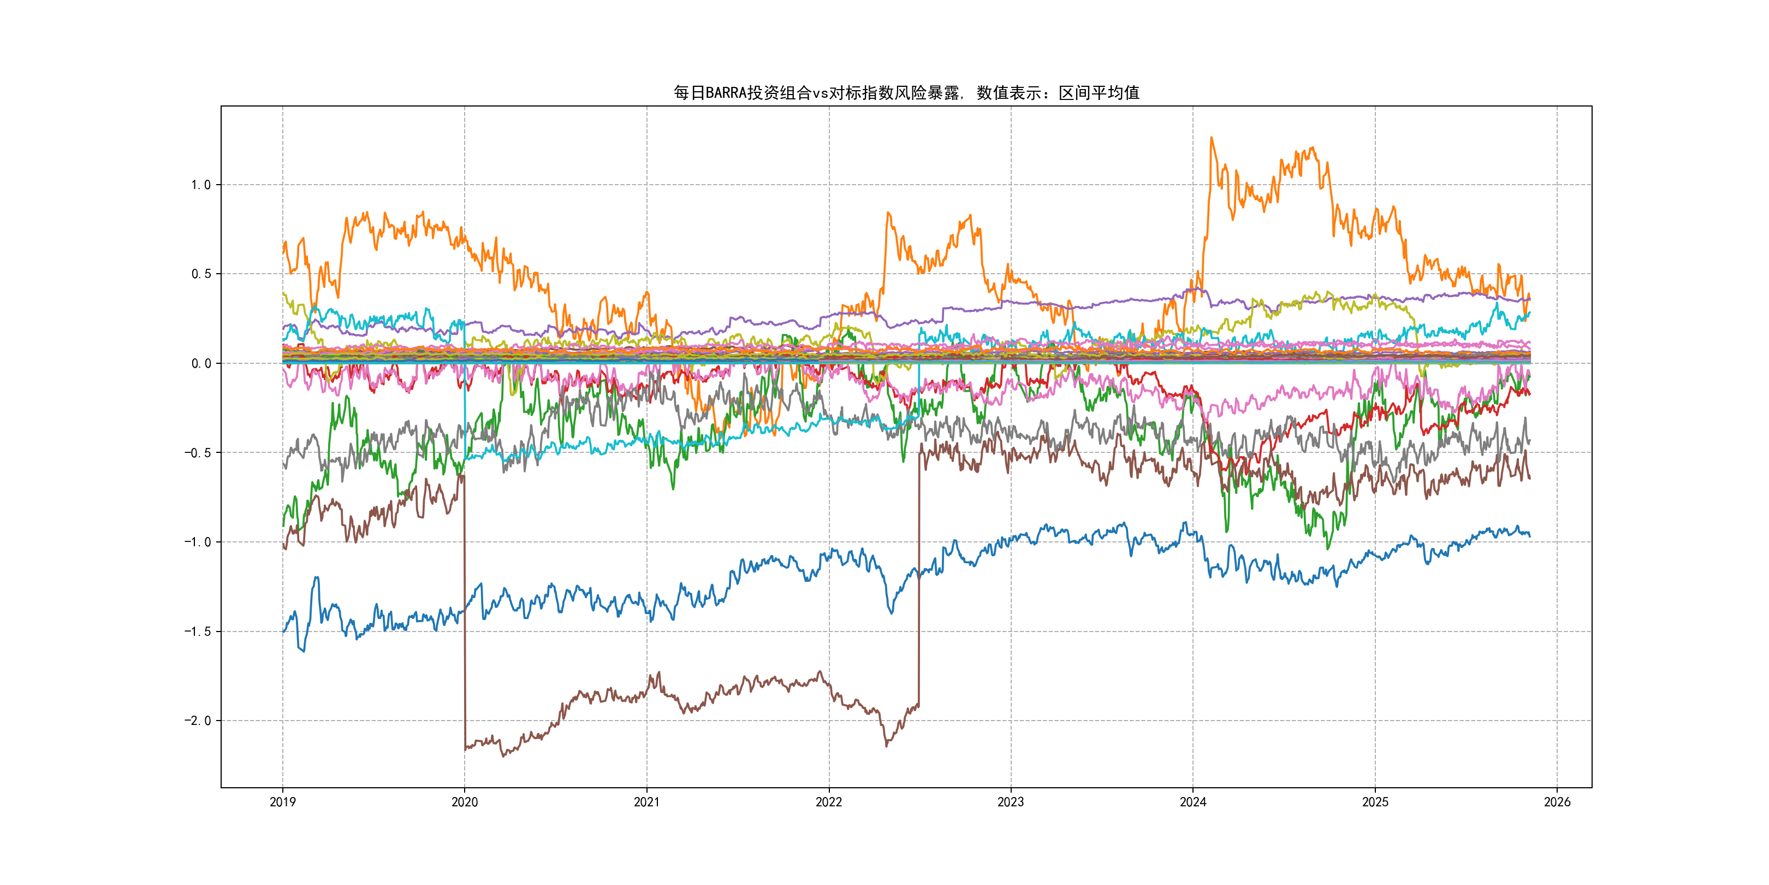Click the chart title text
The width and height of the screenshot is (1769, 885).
pyautogui.click(x=906, y=93)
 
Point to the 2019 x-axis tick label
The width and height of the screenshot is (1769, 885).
pyautogui.click(x=282, y=802)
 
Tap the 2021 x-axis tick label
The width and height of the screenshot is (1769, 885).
pyautogui.click(x=646, y=802)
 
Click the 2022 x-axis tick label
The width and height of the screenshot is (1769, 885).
pyautogui.click(x=829, y=802)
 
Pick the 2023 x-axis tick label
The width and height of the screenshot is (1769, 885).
pyautogui.click(x=1010, y=802)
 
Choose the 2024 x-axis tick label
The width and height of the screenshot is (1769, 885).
pyautogui.click(x=1193, y=802)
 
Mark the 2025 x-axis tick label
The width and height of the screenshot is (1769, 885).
pyautogui.click(x=1375, y=802)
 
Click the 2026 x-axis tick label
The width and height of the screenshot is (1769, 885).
pyautogui.click(x=1557, y=802)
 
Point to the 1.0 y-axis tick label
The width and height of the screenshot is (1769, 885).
pyautogui.click(x=200, y=185)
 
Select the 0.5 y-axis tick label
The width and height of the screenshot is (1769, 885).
pyautogui.click(x=200, y=274)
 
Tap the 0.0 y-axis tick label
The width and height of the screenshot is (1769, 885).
pyautogui.click(x=200, y=363)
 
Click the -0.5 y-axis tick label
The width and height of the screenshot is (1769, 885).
pyautogui.click(x=197, y=453)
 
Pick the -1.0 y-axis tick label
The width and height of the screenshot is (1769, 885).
pyautogui.click(x=197, y=542)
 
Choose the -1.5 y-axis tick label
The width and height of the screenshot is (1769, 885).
pyautogui.click(x=197, y=632)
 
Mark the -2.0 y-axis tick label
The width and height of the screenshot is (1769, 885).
pyautogui.click(x=197, y=721)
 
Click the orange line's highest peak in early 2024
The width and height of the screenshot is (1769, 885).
pyautogui.click(x=1212, y=138)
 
